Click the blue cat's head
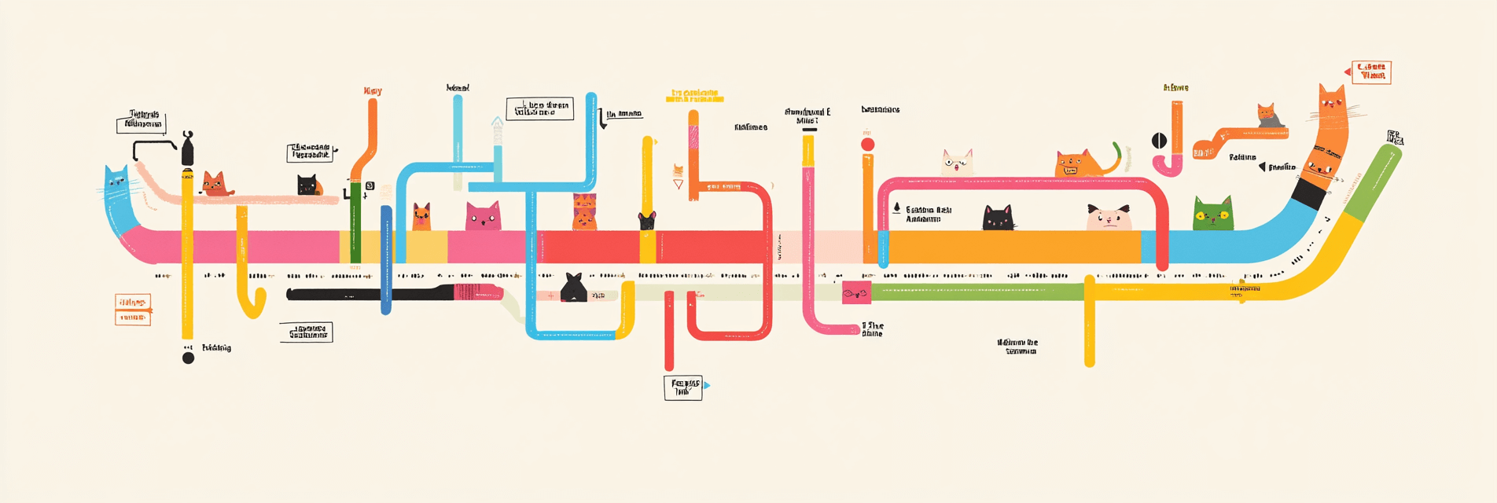pos(116,182)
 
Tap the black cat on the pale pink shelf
pos(307,185)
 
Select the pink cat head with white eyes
pos(483,217)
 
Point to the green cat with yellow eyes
pos(1212,215)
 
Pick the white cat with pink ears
pos(957,163)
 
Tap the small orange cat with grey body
pos(1268,116)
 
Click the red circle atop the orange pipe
pos(867,145)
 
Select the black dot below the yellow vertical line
pos(188,358)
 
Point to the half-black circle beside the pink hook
pos(1159,141)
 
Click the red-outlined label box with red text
pos(1371,72)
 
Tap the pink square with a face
pos(855,293)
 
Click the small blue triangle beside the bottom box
pos(708,385)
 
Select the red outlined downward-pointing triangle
pos(678,185)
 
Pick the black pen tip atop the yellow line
pos(187,149)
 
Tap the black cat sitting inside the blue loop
pos(573,288)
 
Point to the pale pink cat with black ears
pos(1109,218)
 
